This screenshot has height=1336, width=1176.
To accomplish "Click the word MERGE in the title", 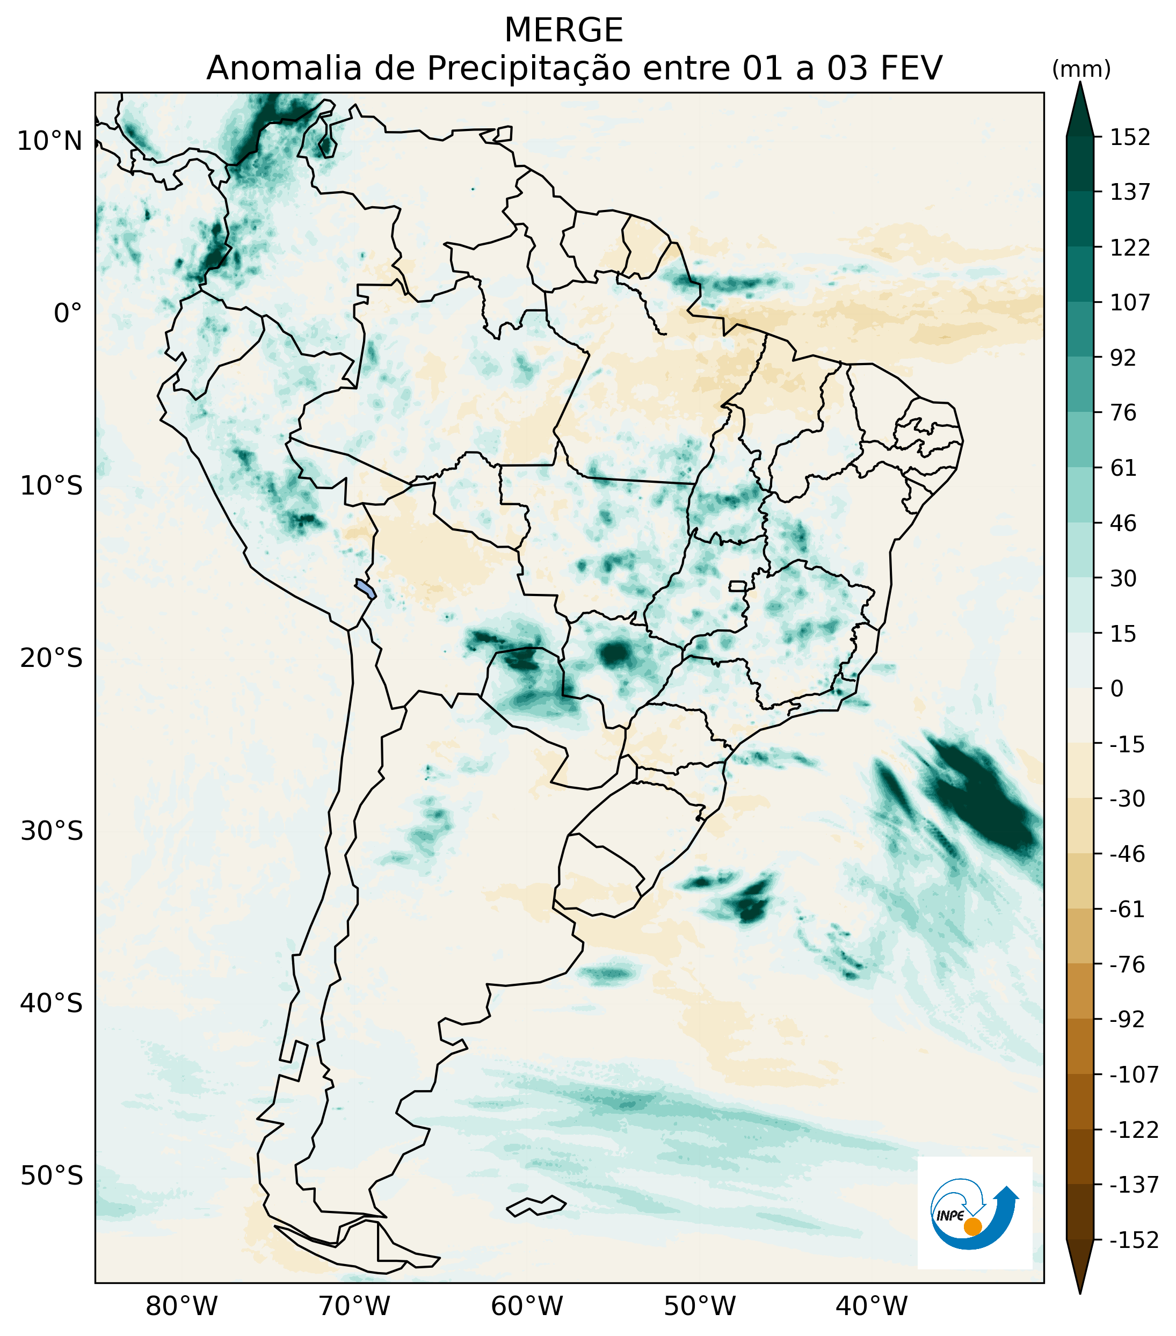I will point(563,30).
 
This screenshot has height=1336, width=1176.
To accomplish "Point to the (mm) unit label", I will point(1081,69).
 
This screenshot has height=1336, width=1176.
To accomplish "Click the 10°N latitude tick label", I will point(50,141).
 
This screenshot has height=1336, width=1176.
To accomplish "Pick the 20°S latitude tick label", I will point(52,658).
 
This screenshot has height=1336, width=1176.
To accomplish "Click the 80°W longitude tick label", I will point(181,1306).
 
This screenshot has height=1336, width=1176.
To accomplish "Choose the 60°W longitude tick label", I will point(527,1306).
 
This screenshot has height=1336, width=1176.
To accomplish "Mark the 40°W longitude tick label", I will point(872,1306).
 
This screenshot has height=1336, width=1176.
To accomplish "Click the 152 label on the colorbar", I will point(1130,137).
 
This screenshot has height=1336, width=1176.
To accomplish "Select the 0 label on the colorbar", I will point(1117,688).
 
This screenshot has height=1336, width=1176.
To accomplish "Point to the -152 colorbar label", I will point(1134,1240).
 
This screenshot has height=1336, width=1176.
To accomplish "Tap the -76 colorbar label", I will point(1128,964).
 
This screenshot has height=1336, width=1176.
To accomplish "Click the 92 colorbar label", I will point(1123,358).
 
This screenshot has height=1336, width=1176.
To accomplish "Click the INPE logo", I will point(974,1212).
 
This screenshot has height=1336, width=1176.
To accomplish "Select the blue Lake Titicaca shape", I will point(366,588).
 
